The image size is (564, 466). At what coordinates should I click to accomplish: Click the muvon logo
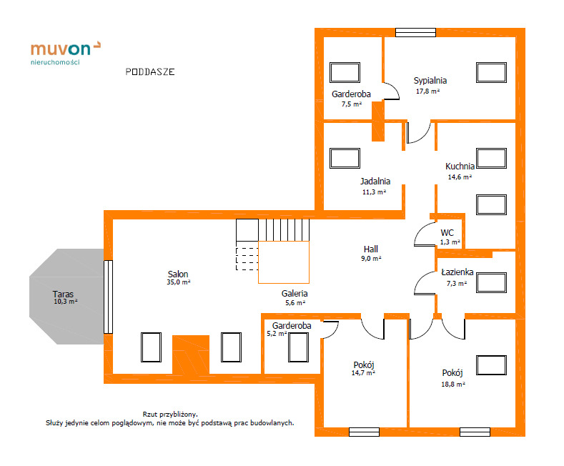click(66, 53)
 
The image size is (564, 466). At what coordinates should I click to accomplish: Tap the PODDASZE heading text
click(150, 72)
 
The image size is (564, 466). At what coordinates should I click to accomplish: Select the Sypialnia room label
click(430, 81)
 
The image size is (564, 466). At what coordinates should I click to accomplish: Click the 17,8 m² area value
click(427, 91)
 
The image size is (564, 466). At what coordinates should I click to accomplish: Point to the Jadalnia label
click(375, 182)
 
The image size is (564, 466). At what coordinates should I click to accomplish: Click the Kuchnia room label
click(460, 166)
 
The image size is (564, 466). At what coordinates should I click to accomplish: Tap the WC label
click(447, 232)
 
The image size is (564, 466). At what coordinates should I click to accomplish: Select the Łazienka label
click(457, 272)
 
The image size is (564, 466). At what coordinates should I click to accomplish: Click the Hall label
click(371, 249)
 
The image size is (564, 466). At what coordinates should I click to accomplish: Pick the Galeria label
click(295, 294)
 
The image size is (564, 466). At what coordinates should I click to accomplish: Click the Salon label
click(178, 274)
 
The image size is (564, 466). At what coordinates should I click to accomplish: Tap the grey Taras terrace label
click(63, 294)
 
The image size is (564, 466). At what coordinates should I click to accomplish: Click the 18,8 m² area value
click(453, 385)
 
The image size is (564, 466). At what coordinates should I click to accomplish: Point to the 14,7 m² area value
click(363, 373)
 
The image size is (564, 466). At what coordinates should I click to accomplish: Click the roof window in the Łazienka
click(491, 282)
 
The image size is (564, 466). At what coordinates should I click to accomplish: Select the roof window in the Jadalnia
click(345, 158)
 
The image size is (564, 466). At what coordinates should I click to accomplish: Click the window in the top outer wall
click(416, 32)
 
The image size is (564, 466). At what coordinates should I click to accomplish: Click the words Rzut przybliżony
click(170, 415)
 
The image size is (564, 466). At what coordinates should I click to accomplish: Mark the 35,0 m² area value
click(179, 282)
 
